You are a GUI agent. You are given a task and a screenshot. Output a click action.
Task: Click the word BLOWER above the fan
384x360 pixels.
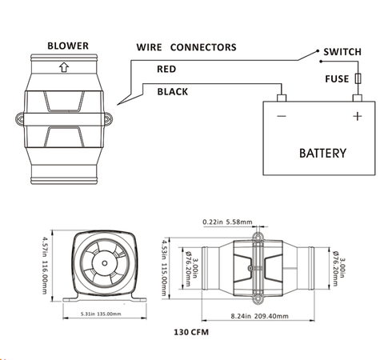(x=67, y=46)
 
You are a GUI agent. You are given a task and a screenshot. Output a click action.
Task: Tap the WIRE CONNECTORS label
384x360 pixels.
(x=186, y=47)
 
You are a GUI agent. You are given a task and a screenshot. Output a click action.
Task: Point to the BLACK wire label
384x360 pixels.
(x=173, y=92)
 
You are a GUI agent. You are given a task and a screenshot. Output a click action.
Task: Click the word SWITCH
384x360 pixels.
(x=342, y=52)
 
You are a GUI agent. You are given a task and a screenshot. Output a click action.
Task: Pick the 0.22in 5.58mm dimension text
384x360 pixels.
(x=228, y=222)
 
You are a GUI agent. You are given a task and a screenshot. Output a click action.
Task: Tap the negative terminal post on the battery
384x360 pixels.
(x=282, y=99)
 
